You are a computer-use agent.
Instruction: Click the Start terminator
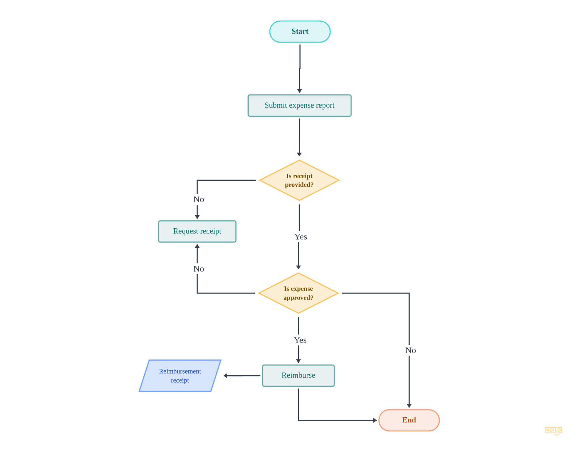(300, 32)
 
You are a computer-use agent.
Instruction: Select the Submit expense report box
(299, 106)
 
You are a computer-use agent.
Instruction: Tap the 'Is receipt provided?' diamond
(299, 180)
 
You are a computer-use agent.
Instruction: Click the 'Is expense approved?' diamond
(298, 293)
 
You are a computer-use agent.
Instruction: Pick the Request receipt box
(197, 231)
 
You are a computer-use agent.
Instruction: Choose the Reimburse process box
(298, 375)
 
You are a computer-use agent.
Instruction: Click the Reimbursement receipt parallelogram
(180, 376)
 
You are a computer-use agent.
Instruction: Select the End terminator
(409, 420)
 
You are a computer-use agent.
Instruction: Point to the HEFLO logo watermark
(553, 430)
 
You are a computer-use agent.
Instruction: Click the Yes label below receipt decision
(301, 237)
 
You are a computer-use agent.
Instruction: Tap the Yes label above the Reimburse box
(300, 340)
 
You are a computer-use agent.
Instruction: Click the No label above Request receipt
(199, 199)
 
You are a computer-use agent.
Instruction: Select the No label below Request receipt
(199, 269)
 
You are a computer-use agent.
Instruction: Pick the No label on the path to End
(410, 350)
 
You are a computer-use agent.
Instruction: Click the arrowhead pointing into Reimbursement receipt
(225, 376)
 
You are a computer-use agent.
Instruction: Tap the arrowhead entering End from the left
(375, 420)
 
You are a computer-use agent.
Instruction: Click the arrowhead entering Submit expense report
(299, 91)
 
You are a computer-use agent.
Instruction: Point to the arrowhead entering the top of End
(409, 406)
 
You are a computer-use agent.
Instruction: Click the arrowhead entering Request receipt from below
(197, 246)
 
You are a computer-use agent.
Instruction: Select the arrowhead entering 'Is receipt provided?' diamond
(299, 154)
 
